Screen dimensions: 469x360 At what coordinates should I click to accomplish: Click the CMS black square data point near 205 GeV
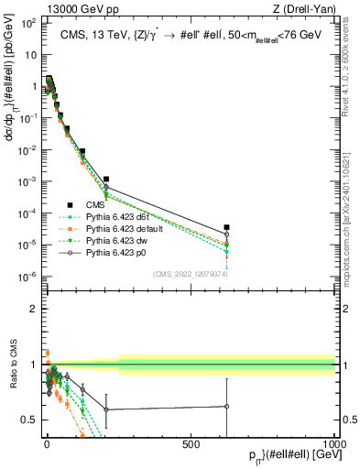coord(106,179)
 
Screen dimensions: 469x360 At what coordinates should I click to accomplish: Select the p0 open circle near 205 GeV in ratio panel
coord(106,409)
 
